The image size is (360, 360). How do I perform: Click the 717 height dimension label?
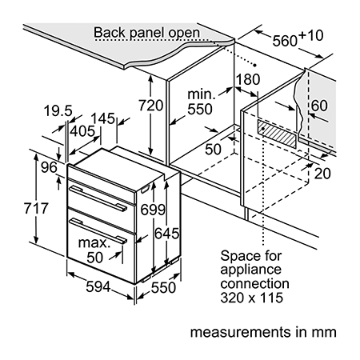[36, 208]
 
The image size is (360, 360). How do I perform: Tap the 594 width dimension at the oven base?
[98, 287]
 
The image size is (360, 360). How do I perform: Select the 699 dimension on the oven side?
[153, 210]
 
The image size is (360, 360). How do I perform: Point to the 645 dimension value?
[167, 234]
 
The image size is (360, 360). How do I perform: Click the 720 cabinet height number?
[150, 105]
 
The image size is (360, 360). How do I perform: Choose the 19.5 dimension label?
[58, 110]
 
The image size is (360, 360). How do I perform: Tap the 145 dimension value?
[102, 118]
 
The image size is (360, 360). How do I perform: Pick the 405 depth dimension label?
[82, 131]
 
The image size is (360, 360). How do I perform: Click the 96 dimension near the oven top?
[49, 167]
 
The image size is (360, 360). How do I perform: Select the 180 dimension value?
[248, 79]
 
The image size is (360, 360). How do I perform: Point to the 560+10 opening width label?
[298, 38]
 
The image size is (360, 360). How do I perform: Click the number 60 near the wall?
[319, 106]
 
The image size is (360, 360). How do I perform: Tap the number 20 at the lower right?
[322, 174]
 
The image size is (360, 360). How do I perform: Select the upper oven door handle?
[98, 198]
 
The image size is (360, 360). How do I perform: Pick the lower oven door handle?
[98, 230]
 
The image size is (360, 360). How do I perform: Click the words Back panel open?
[146, 33]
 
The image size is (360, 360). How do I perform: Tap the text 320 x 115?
[251, 298]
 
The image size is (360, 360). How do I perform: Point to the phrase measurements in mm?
[263, 332]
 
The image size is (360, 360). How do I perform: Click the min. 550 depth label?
[202, 102]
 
